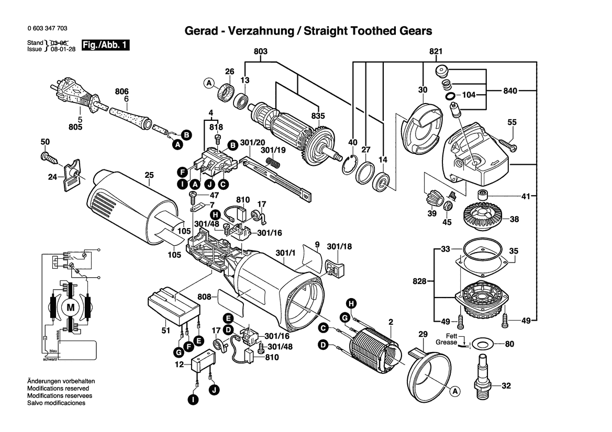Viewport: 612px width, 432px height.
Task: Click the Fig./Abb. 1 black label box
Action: coord(105,46)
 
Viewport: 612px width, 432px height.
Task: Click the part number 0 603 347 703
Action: coord(46,29)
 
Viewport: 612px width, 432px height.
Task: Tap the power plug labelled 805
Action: coord(73,94)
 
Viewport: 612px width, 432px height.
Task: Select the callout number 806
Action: coord(122,91)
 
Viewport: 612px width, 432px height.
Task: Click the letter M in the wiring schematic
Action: coord(70,308)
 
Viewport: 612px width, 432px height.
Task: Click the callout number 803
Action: coord(260,51)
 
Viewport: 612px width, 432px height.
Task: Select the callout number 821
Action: coord(436,51)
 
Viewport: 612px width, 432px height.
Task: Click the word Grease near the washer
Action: coord(446,343)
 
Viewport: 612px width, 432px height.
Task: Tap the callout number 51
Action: coord(166,331)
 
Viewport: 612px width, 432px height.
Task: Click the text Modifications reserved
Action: coord(58,389)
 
